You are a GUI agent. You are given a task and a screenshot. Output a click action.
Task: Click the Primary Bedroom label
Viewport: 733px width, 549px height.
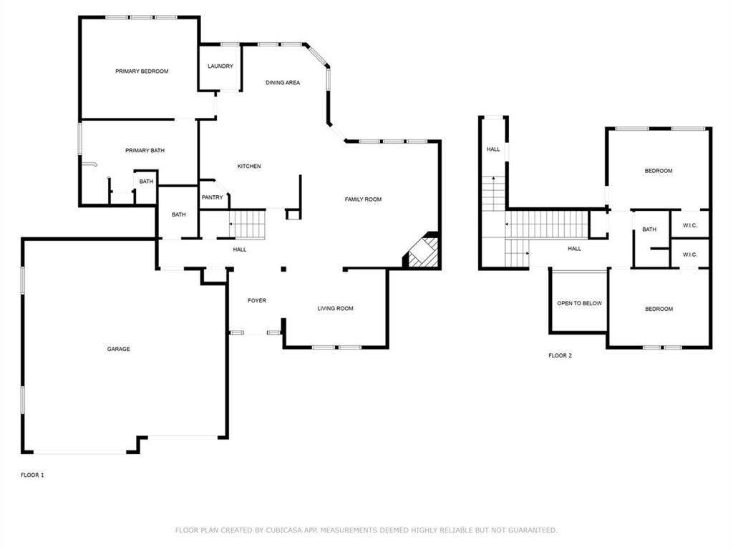click(142, 71)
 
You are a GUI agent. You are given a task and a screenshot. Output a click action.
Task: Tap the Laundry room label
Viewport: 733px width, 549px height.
click(220, 66)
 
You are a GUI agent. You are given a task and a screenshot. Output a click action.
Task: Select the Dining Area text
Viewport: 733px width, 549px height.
click(283, 83)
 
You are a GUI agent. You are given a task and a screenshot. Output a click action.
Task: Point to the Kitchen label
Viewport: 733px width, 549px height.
click(249, 167)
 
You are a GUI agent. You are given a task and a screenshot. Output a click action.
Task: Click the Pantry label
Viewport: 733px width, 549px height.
click(213, 198)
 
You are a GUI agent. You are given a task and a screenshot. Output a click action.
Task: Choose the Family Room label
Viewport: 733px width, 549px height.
click(363, 199)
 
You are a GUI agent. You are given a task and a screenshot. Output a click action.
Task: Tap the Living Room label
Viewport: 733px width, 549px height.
click(336, 309)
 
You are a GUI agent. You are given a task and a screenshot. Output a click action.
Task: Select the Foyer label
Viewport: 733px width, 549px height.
click(257, 301)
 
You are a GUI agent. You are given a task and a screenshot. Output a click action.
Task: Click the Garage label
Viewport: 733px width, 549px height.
click(119, 350)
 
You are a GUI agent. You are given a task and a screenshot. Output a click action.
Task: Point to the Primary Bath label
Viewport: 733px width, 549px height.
click(145, 151)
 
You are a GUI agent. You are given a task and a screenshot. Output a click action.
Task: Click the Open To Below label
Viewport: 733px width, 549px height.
click(579, 304)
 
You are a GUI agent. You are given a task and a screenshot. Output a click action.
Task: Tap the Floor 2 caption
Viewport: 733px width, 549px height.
click(560, 355)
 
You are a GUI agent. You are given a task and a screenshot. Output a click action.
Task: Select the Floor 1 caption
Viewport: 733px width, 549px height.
click(32, 475)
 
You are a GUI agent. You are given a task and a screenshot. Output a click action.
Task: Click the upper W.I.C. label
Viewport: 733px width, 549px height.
click(690, 226)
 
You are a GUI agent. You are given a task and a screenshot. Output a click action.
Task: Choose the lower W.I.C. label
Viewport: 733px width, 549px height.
click(690, 255)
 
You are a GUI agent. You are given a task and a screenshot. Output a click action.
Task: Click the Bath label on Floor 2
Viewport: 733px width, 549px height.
click(649, 229)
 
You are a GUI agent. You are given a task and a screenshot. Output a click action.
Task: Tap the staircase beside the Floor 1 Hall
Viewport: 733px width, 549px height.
click(248, 224)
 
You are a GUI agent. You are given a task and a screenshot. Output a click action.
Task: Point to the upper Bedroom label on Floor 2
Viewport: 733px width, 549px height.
click(659, 171)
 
